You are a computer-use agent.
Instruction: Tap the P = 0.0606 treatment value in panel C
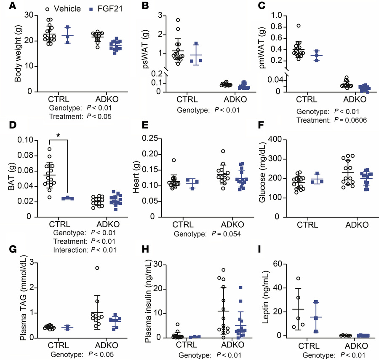point(350,120)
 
